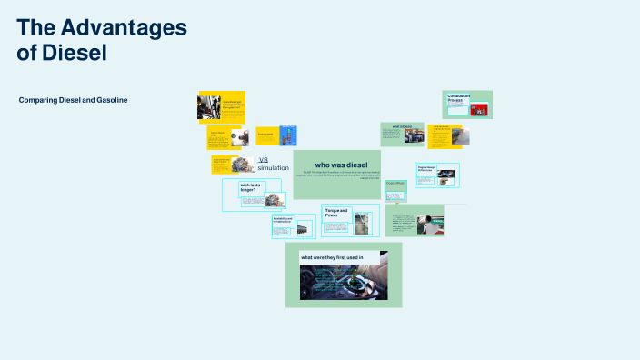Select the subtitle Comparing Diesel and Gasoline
pos(73,100)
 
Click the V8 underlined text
pos(264,159)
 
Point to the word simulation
pos(273,168)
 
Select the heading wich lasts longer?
pos(249,188)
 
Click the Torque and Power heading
pos(337,214)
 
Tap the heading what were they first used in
pos(333,257)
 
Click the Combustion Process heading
pos(458,97)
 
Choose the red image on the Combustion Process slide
pos(479,110)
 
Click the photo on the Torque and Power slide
pos(362,224)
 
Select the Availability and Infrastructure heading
pos(282,219)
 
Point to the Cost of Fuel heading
pos(394,183)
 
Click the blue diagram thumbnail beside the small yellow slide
pos(288,137)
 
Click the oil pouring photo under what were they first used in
pos(344,281)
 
